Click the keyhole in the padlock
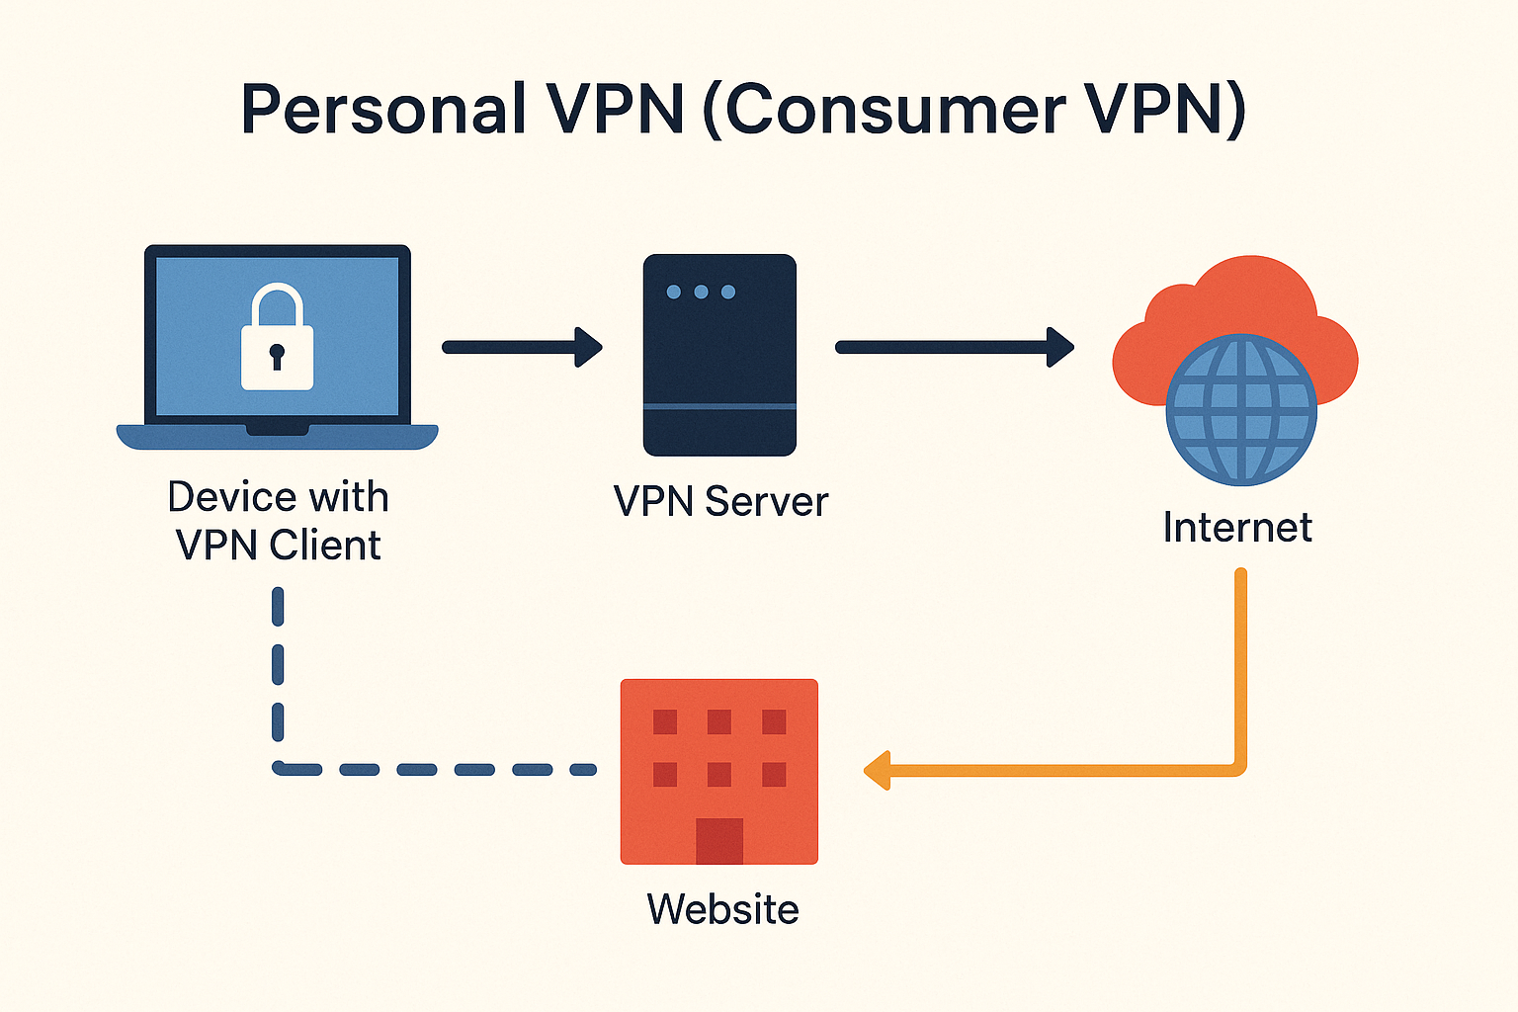(x=277, y=355)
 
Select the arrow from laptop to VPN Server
(x=522, y=347)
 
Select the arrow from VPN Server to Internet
(x=954, y=347)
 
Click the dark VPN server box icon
(x=719, y=355)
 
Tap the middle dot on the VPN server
(x=701, y=292)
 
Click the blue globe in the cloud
(x=1241, y=409)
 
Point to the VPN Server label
(x=720, y=502)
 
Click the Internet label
(x=1237, y=528)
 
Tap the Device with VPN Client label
(x=278, y=521)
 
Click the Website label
(x=722, y=909)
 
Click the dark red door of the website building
(x=718, y=840)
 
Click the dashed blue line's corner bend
(x=280, y=767)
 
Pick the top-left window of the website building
(x=665, y=721)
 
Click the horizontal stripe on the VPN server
(x=719, y=406)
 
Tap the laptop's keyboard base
(x=277, y=436)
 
